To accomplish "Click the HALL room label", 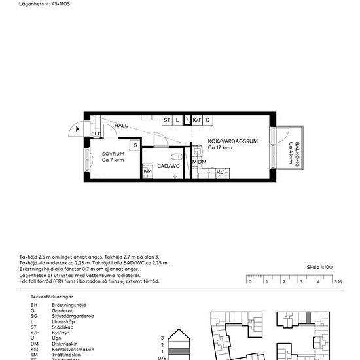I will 121,125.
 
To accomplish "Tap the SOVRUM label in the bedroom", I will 113,154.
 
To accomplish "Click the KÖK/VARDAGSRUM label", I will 229,141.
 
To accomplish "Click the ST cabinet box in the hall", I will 167,120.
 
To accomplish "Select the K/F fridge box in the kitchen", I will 197,120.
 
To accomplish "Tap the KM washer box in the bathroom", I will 147,171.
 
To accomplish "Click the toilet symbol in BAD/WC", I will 175,158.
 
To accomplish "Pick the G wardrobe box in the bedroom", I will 134,145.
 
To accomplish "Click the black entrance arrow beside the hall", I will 79,129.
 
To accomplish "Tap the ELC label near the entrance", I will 96,134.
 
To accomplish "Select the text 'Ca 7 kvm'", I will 113,160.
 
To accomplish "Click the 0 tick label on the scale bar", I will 249,282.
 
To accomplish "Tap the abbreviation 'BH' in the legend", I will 35,305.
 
